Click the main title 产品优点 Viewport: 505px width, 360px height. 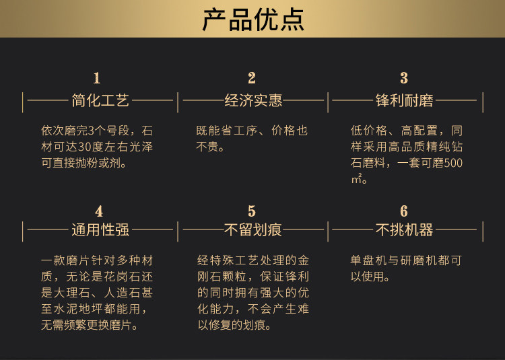[x=252, y=19]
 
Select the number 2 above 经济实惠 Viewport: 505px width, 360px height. [x=252, y=78]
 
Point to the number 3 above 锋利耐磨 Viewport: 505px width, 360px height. [x=404, y=78]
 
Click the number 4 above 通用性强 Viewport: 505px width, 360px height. [x=99, y=212]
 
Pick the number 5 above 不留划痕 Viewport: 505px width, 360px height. [x=252, y=212]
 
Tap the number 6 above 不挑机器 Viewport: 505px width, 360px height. [x=404, y=212]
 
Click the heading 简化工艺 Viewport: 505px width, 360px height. [x=100, y=102]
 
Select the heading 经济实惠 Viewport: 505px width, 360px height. [x=253, y=102]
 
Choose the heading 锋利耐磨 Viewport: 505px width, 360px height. [x=405, y=102]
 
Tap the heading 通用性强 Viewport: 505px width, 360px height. [x=100, y=230]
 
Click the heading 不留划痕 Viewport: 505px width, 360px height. [x=253, y=230]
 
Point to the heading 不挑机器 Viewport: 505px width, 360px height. [x=405, y=230]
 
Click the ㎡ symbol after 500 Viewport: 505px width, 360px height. [x=357, y=178]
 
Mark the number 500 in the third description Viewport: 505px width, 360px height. [x=452, y=163]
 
